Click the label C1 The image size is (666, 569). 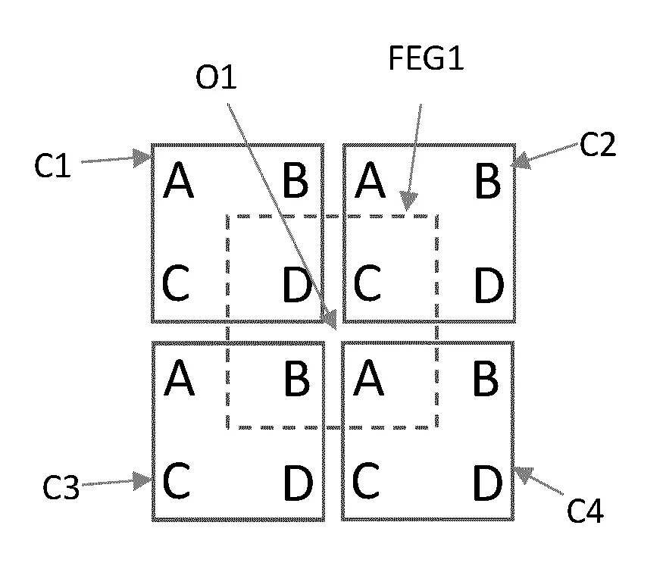pos(52,165)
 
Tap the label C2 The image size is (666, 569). pos(598,145)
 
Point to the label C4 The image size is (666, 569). pos(586,513)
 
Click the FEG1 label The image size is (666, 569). pos(425,61)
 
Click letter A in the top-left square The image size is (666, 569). pos(179,182)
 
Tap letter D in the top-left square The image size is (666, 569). pos(295,286)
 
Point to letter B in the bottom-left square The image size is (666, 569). pos(295,380)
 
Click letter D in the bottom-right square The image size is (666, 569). pos(488,483)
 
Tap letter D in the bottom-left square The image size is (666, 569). pos(297,483)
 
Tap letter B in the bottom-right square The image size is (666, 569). pos(486,380)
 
